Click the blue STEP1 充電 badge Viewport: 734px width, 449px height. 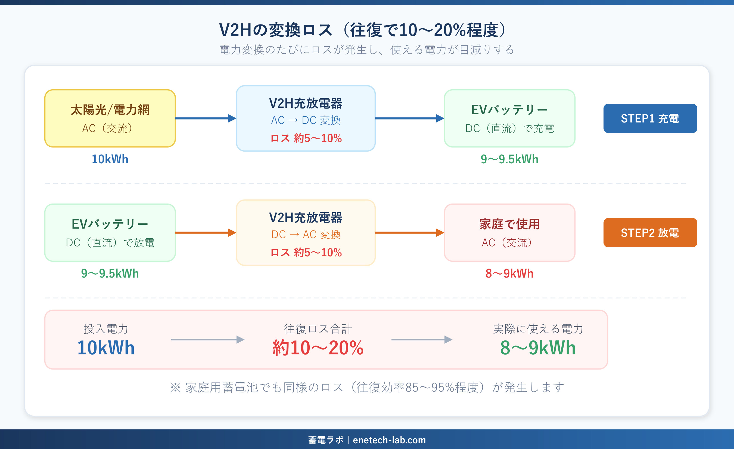[x=650, y=118]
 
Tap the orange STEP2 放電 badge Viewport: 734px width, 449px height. [x=650, y=233]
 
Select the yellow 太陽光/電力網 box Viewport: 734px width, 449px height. [x=110, y=118]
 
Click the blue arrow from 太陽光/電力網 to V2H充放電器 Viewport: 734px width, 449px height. [x=206, y=118]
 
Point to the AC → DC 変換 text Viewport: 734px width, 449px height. [x=306, y=120]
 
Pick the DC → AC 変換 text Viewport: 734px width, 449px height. [x=306, y=234]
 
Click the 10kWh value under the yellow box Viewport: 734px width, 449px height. [x=110, y=159]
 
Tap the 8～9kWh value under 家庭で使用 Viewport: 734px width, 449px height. [x=509, y=273]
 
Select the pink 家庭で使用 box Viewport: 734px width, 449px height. [x=509, y=233]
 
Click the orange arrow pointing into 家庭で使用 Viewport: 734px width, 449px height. [x=409, y=233]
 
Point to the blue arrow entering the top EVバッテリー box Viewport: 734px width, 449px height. [x=409, y=118]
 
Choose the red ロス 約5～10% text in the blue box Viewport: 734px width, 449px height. [x=306, y=138]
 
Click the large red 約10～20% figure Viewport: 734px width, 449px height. [x=318, y=347]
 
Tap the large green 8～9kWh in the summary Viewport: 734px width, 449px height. [x=538, y=347]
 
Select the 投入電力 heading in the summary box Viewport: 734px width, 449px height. [x=106, y=329]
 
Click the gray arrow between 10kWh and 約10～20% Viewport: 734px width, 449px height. [x=208, y=340]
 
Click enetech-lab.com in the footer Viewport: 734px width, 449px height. [x=389, y=440]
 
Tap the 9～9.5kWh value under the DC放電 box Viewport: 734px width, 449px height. [x=110, y=273]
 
